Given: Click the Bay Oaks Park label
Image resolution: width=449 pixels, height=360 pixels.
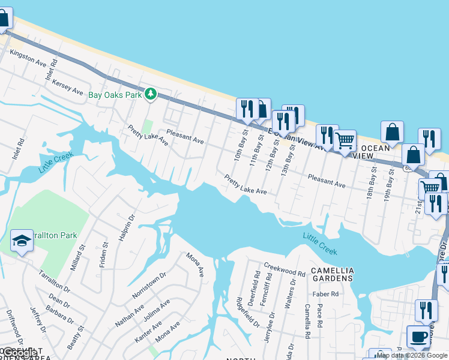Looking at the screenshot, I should click(115, 95).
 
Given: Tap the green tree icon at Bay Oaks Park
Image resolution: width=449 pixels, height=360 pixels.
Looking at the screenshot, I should click(151, 94).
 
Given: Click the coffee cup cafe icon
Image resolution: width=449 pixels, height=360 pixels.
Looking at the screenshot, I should click(418, 337).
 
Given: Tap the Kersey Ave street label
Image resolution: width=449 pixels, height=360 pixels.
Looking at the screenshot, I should click(67, 86).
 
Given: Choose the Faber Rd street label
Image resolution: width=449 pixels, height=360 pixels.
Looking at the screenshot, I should click(325, 294).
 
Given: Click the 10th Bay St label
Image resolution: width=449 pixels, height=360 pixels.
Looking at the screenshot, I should click(241, 145).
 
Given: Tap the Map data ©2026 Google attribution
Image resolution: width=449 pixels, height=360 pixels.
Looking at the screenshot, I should click(411, 355).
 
